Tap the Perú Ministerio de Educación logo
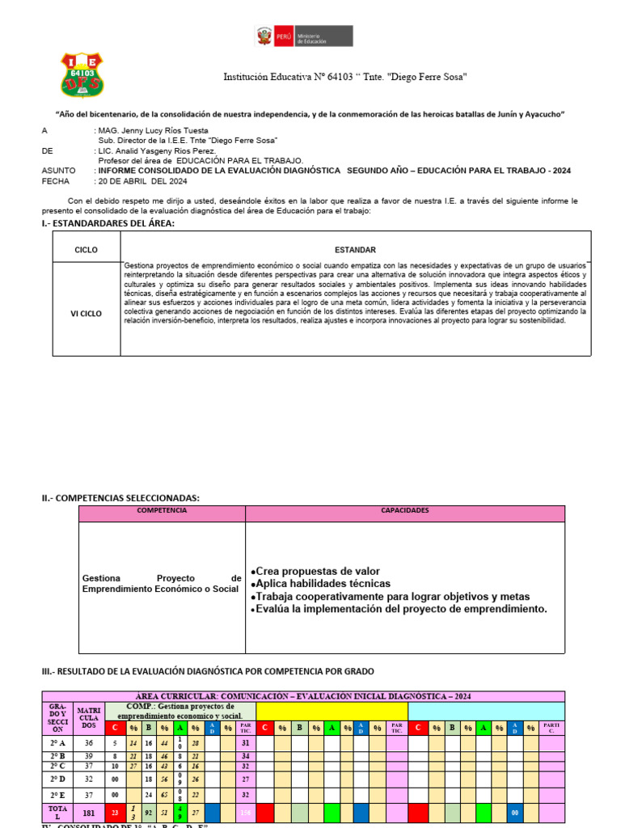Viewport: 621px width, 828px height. pyautogui.click(x=303, y=37)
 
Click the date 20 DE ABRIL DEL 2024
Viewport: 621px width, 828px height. pyautogui.click(x=142, y=181)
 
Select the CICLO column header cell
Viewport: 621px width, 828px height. pyautogui.click(x=86, y=251)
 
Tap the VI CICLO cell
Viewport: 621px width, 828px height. pyautogui.click(x=86, y=314)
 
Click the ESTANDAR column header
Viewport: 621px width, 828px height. pyautogui.click(x=355, y=251)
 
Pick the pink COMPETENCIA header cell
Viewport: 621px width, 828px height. pyautogui.click(x=162, y=512)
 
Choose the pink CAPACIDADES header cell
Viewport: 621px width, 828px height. pyautogui.click(x=405, y=512)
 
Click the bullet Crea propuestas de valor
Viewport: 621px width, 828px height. pyautogui.click(x=315, y=571)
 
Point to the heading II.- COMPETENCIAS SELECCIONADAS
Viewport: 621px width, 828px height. pyautogui.click(x=120, y=498)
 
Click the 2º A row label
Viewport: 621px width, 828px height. pyautogui.click(x=57, y=744)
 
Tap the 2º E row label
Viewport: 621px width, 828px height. pyautogui.click(x=57, y=795)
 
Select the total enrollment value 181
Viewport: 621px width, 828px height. pyautogui.click(x=88, y=813)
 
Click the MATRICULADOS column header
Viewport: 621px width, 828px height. pyautogui.click(x=88, y=716)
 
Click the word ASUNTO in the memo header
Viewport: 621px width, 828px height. pyautogui.click(x=58, y=171)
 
